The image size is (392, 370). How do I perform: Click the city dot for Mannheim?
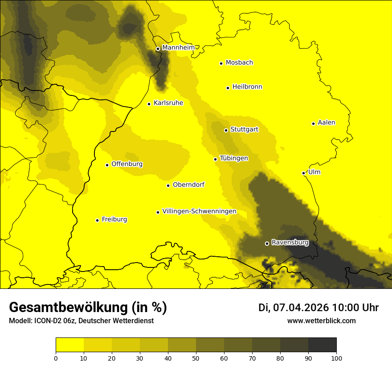(158, 49)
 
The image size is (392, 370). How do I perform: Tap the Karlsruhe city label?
(168, 103)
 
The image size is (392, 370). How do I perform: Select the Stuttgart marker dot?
(226, 130)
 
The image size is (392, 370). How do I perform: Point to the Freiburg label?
(114, 219)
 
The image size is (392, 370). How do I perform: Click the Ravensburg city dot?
(267, 243)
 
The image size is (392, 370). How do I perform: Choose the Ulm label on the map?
(314, 172)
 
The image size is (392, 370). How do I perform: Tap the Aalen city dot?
(313, 123)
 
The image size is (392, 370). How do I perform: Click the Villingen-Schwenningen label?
(199, 211)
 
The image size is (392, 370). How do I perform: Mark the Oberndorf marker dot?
(168, 185)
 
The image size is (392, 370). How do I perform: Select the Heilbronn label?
(247, 87)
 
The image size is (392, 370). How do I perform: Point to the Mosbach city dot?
(221, 63)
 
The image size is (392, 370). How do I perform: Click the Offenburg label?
(127, 164)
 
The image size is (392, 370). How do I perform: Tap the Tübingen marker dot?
(215, 159)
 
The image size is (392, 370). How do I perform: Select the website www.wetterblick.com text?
(321, 321)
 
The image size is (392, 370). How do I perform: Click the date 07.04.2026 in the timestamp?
(301, 308)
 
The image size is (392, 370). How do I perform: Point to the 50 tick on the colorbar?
(196, 358)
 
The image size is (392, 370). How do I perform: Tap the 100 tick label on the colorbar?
(336, 358)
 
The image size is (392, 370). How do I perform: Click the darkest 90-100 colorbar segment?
(322, 345)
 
